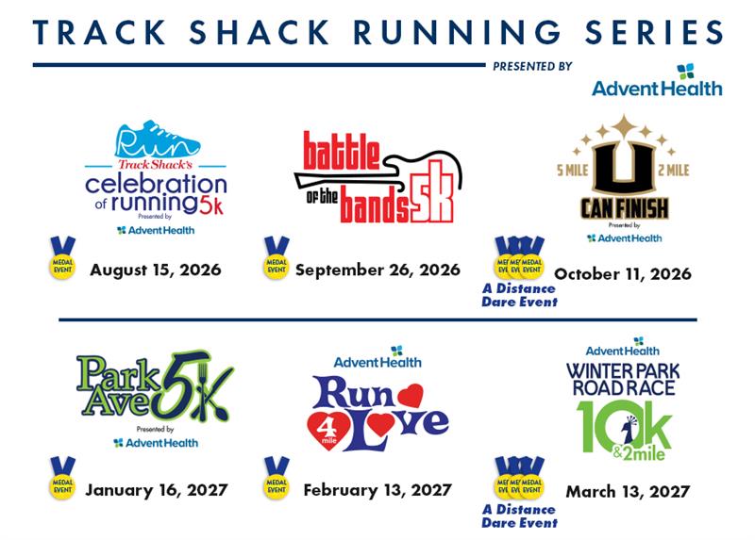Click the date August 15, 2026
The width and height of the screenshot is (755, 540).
[156, 270]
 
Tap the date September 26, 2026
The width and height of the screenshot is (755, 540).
[377, 270]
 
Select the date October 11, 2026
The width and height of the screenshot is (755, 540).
[623, 274]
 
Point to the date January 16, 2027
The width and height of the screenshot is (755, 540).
[156, 490]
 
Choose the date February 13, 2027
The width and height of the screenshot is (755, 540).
[377, 490]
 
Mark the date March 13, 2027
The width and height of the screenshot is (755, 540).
[628, 491]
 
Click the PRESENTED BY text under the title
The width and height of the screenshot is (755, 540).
[532, 67]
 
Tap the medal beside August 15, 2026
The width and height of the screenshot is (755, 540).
[62, 260]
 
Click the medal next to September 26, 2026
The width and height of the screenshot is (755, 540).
[276, 260]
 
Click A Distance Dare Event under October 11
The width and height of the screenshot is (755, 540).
[519, 295]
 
